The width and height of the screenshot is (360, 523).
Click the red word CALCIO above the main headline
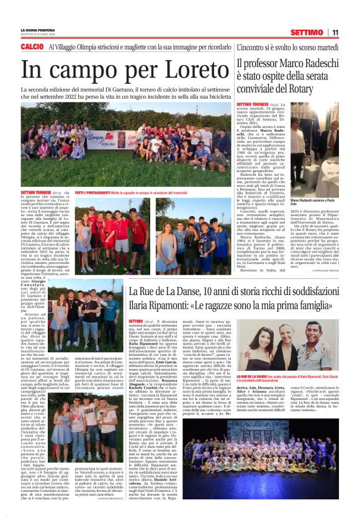(32, 47)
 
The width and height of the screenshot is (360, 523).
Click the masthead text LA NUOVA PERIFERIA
(37, 30)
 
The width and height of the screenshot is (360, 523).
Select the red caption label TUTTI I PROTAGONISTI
(94, 193)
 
